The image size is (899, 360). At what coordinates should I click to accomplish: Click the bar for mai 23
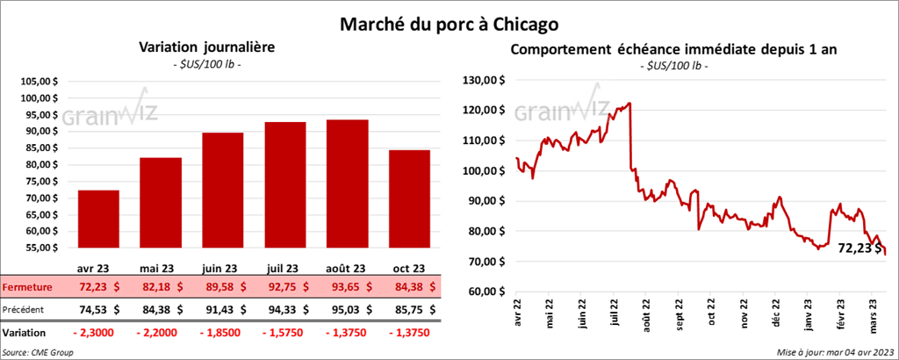tap(160, 205)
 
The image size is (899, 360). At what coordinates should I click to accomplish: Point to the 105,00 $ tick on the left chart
tap(38, 81)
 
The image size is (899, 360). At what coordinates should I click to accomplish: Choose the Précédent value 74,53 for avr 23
tap(94, 309)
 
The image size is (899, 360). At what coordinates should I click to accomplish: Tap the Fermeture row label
tap(27, 287)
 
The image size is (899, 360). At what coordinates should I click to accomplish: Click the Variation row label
tap(25, 333)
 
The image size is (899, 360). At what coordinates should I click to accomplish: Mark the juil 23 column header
tap(284, 269)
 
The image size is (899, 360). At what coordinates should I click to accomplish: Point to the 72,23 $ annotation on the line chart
tap(859, 248)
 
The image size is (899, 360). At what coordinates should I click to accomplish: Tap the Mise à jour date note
tap(835, 352)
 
